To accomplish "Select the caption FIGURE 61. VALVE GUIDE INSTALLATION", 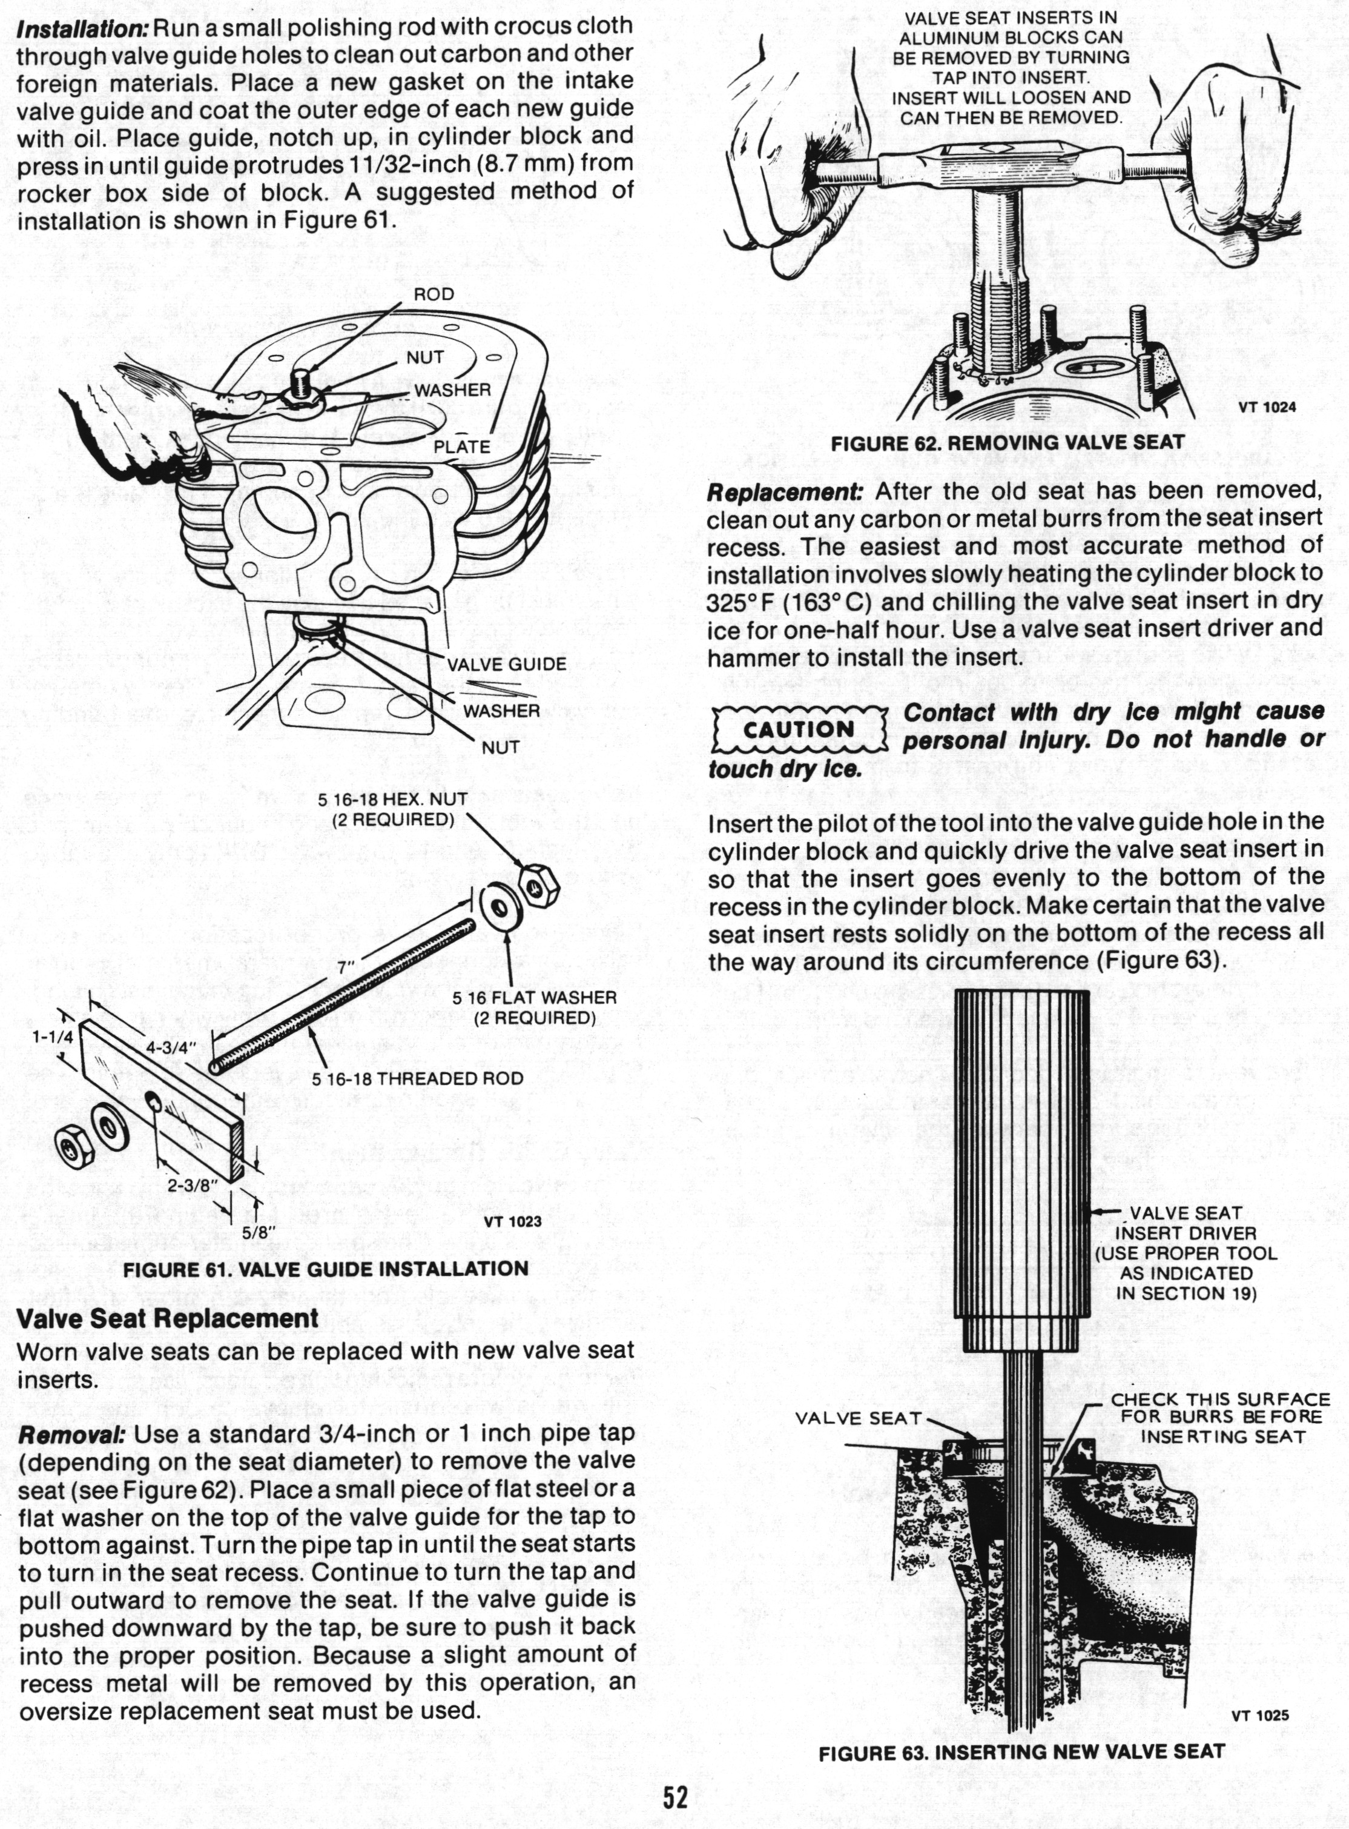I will tap(325, 1269).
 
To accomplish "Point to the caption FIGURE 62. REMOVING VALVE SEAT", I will tap(1007, 443).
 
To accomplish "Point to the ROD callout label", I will tap(434, 294).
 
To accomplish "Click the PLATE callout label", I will tap(461, 447).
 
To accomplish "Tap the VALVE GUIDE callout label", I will tap(506, 664).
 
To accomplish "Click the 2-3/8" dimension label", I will tap(190, 1184).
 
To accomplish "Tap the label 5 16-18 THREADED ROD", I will tap(417, 1078).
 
